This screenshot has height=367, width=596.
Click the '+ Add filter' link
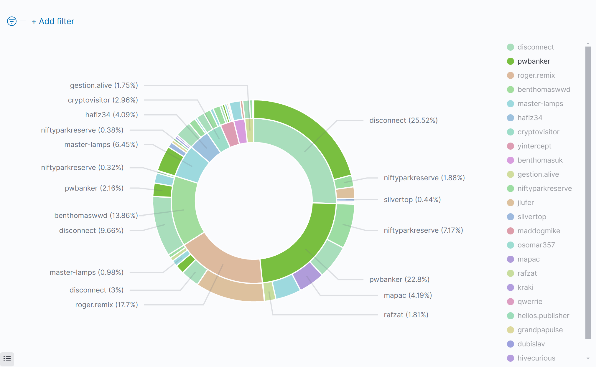pyautogui.click(x=53, y=22)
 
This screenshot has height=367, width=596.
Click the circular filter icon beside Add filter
pyautogui.click(x=12, y=21)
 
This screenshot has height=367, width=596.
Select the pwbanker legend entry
pyautogui.click(x=534, y=61)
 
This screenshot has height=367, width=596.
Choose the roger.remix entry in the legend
pyautogui.click(x=536, y=75)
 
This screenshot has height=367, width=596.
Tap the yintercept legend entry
pyautogui.click(x=534, y=146)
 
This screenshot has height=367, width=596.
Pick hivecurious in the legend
pyautogui.click(x=536, y=358)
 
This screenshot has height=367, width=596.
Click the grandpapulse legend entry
pyautogui.click(x=540, y=330)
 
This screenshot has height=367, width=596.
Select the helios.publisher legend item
pyautogui.click(x=543, y=316)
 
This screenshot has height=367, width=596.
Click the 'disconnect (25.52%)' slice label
pyautogui.click(x=403, y=120)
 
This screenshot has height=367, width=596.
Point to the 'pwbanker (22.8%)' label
pyautogui.click(x=399, y=280)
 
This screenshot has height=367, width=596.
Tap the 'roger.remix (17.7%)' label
pyautogui.click(x=106, y=305)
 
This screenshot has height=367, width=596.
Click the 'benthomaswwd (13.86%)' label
pyautogui.click(x=96, y=216)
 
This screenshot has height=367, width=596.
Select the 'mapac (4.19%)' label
pyautogui.click(x=408, y=295)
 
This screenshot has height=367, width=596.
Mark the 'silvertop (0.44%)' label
pyautogui.click(x=412, y=200)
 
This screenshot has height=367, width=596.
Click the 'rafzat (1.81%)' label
pyautogui.click(x=406, y=315)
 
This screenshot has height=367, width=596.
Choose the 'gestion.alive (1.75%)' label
pyautogui.click(x=104, y=85)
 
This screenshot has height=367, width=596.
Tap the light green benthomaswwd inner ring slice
pyautogui.click(x=186, y=209)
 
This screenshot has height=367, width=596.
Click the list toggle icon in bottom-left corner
pyautogui.click(x=7, y=359)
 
